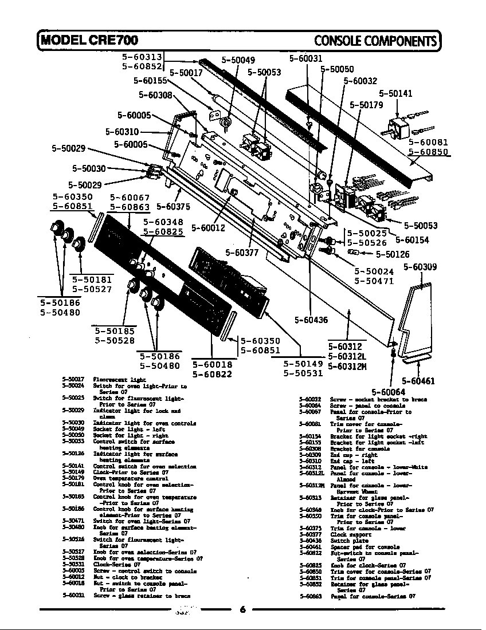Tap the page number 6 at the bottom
[242, 609]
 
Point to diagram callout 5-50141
[395, 93]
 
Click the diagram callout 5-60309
[420, 267]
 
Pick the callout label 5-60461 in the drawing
[418, 380]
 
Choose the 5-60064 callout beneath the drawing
[389, 392]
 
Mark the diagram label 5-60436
[311, 320]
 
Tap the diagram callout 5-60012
[207, 227]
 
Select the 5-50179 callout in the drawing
[366, 105]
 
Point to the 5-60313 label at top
[142, 57]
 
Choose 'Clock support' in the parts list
[347, 534]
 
